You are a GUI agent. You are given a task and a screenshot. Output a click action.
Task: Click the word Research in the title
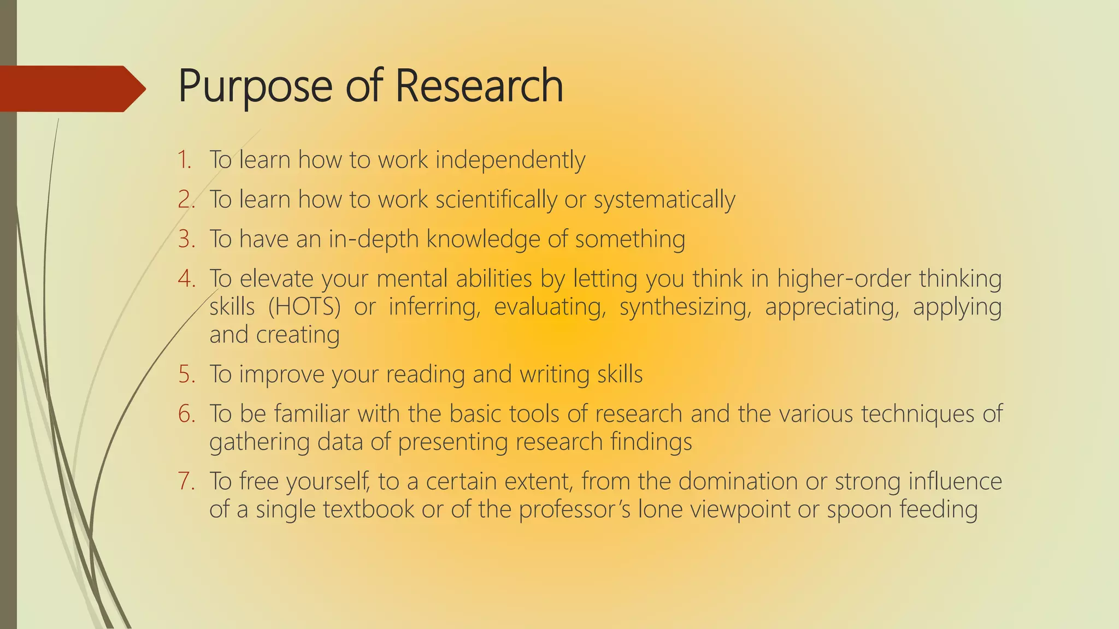(x=479, y=86)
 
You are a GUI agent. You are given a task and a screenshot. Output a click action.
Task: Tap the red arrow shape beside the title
(x=71, y=88)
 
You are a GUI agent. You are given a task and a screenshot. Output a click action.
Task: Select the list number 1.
(x=184, y=160)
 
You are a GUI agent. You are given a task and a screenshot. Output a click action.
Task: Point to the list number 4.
(x=186, y=278)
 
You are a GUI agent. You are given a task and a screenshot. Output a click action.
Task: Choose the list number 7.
(x=186, y=482)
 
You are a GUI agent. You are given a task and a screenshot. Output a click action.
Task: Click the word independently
(x=510, y=161)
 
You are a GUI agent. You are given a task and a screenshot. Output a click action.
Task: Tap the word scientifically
(x=496, y=200)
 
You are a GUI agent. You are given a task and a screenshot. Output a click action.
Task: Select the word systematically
(x=664, y=200)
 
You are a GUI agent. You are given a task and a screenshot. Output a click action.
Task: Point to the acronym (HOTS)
(x=304, y=307)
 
